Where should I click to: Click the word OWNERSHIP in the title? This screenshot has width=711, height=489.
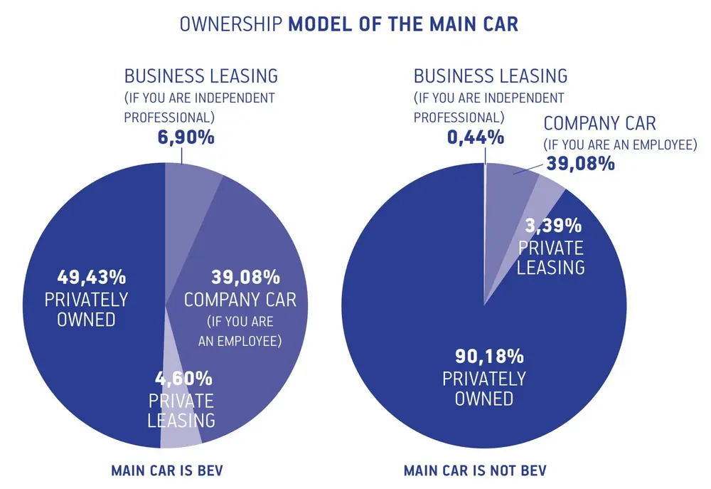coord(230,23)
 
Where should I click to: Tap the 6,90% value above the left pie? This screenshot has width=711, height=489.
coord(186,137)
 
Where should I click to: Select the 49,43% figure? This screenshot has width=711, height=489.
coord(87,276)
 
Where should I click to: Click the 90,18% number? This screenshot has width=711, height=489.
coord(483,355)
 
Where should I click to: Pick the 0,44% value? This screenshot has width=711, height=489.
coord(475,137)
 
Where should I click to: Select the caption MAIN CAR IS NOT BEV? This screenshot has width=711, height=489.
coord(475,470)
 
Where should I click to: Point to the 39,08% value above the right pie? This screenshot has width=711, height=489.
coord(580,164)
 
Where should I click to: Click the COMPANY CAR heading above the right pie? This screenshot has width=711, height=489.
coord(600,123)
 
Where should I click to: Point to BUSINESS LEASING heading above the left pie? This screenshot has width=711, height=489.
coord(201,75)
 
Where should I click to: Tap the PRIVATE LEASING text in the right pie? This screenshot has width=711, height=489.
coord(550,257)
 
